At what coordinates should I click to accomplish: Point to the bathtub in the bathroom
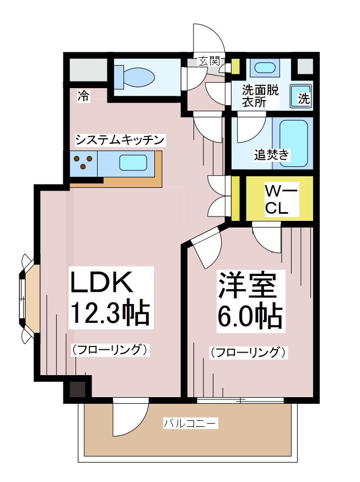coord(294,143)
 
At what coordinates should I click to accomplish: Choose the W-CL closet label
coord(281,201)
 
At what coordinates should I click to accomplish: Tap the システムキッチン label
coord(120,140)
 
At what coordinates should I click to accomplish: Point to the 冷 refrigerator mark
coord(83,97)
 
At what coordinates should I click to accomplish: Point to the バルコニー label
coord(190,424)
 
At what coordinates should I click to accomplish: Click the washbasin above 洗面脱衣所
coord(265,68)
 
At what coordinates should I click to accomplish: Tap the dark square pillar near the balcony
coord(77,389)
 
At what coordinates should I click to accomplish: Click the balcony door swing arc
coord(131,417)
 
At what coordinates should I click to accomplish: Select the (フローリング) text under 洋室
coord(248,352)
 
